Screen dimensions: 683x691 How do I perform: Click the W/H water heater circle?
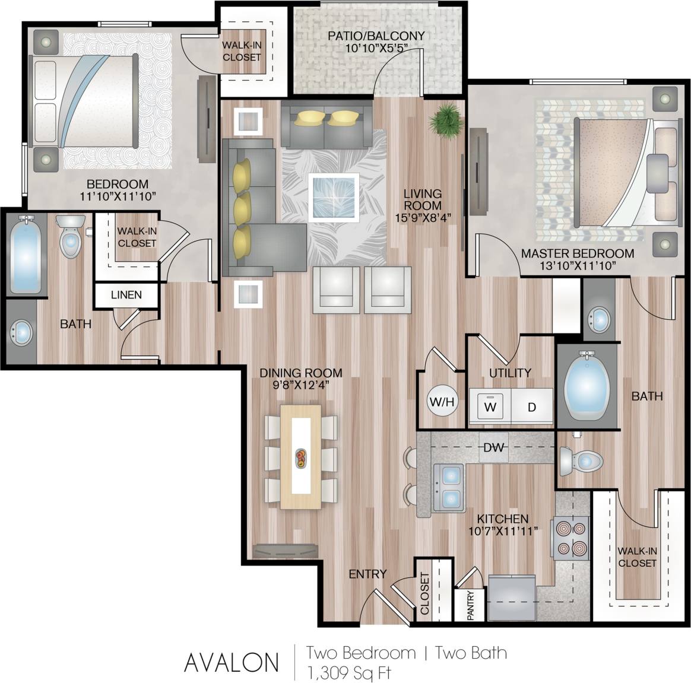click(x=442, y=402)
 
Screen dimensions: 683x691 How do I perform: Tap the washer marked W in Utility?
click(x=490, y=406)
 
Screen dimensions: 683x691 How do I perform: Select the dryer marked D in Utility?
click(x=532, y=406)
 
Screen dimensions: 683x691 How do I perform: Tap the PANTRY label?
click(x=471, y=606)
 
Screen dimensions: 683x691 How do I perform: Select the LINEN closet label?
click(x=126, y=295)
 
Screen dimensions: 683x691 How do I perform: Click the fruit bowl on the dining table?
click(x=302, y=456)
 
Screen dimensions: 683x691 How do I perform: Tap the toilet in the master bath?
click(x=581, y=460)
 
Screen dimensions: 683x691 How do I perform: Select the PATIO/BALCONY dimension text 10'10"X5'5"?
click(x=376, y=48)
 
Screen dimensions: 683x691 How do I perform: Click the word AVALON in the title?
click(x=232, y=662)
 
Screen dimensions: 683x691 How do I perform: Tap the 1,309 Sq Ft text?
click(x=348, y=672)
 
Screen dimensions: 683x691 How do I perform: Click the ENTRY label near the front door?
click(x=367, y=574)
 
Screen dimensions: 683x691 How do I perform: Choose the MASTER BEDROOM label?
click(x=577, y=253)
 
